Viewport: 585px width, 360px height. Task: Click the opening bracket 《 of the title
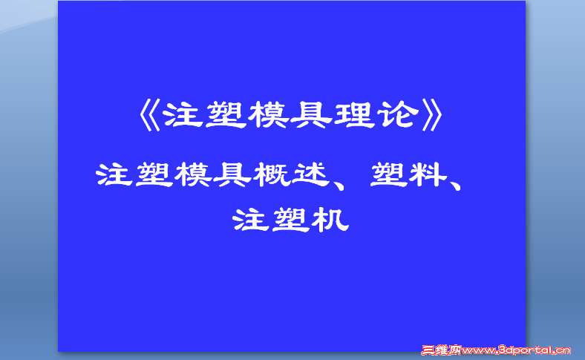pos(149,115)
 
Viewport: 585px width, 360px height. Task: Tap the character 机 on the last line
pos(332,220)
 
